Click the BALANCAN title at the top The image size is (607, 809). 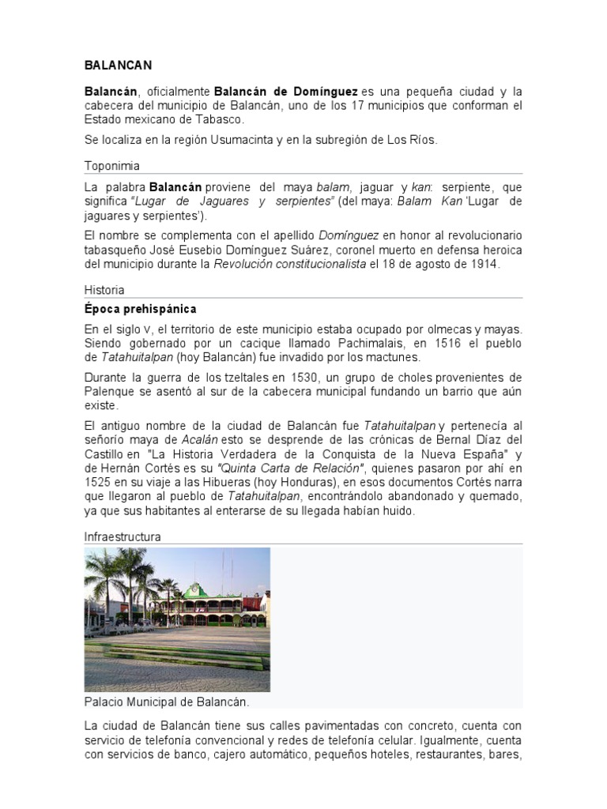(x=118, y=65)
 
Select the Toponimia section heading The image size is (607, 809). (x=111, y=166)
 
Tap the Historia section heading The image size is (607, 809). (x=104, y=290)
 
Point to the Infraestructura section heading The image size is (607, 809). (x=123, y=536)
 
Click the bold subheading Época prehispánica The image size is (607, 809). (x=140, y=308)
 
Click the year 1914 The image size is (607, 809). (x=482, y=264)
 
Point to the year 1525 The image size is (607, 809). (x=98, y=481)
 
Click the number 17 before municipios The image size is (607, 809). (x=363, y=105)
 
